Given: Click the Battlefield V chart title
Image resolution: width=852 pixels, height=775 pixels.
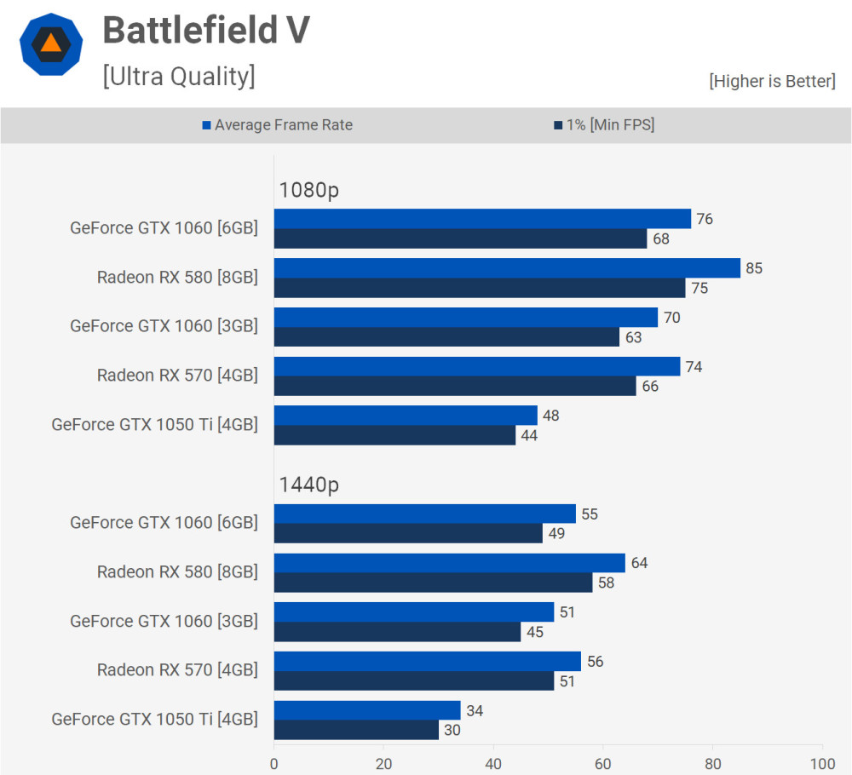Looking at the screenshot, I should pos(205,32).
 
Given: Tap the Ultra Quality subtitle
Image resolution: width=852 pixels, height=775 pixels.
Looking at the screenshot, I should pos(178,76).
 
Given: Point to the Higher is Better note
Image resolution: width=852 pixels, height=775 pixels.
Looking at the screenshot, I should pos(772,81).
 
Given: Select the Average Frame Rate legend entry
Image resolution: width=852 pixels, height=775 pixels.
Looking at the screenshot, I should pos(277,125).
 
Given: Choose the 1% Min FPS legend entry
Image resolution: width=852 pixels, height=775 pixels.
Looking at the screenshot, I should pos(604,125).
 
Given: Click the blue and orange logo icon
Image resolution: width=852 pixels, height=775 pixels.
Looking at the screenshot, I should pos(51,44).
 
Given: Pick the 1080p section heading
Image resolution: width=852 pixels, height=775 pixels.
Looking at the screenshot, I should pos(308,191).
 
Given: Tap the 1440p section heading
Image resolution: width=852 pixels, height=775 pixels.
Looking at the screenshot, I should pos(308,485).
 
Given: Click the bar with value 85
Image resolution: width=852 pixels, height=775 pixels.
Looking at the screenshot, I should pos(507,268).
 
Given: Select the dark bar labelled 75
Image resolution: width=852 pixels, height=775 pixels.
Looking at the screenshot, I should pos(480,288).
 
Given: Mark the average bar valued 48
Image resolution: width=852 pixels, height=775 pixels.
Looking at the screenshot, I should pos(406,416).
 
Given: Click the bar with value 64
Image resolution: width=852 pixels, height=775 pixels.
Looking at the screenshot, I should pos(450,563).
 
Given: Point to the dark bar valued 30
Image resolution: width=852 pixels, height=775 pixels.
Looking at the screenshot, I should pos(356,730).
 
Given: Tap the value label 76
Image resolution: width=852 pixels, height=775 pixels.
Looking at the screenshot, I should pos(704,219).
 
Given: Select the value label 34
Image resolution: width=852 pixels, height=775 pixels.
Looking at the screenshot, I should pos(474,710).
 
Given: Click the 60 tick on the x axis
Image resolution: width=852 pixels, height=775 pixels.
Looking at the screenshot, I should pos(603,763).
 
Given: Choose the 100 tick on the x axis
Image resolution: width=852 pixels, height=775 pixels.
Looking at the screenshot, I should pos(822,763).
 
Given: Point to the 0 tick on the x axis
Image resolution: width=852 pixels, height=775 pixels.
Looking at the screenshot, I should pos(274,763).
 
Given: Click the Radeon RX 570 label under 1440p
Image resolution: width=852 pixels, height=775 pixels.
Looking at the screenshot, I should pos(177,670).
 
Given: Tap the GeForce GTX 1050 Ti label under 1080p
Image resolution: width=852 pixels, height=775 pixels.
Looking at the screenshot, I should pos(154,425).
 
